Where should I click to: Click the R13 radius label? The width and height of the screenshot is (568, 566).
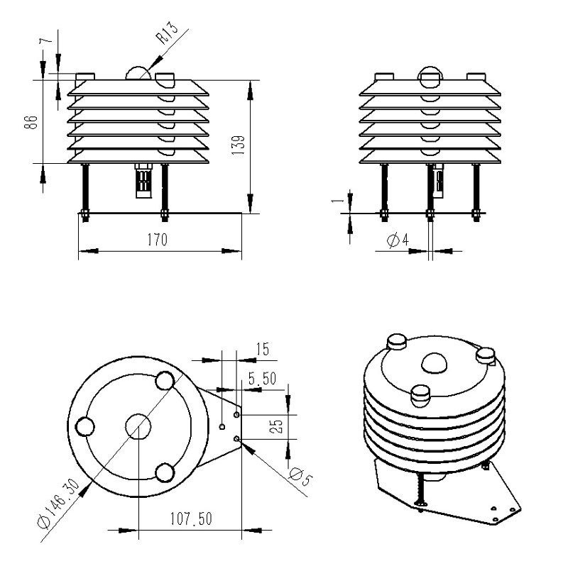pos(167,33)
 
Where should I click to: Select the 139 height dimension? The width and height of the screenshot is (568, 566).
pos(238,145)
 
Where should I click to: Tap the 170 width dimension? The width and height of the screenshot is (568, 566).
pos(158,240)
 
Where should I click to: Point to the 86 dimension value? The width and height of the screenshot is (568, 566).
pos(31,122)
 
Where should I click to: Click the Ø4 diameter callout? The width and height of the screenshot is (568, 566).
pos(398,240)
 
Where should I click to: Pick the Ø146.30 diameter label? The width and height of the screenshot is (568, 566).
pos(58,504)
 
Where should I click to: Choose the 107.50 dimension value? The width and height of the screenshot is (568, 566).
pos(191,518)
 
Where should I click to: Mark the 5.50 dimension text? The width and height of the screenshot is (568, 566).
pos(262,378)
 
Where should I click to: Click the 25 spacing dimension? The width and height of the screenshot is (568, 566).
pos(276,426)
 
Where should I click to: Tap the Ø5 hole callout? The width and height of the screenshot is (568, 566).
pos(301,476)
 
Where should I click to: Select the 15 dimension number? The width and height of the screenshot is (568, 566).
pos(263,349)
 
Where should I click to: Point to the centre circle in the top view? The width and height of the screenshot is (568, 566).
pos(138,426)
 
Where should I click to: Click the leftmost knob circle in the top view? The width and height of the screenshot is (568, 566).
pos(85,426)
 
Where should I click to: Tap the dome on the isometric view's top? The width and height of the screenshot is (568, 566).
pos(434,363)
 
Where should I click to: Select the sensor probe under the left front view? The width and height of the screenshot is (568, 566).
pos(144,181)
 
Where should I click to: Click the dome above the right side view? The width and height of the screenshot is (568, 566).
pos(430,77)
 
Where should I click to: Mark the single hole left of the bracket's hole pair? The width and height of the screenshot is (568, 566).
pos(222,427)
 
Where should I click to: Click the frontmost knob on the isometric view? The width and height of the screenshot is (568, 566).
pos(420,396)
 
